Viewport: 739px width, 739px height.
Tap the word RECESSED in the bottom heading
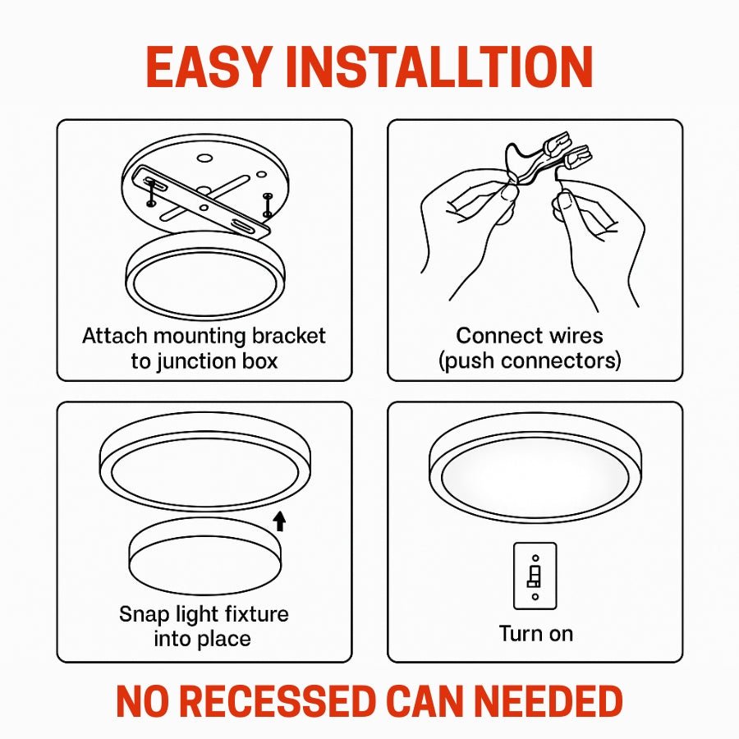click(x=278, y=702)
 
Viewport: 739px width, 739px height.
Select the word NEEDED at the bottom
click(x=549, y=702)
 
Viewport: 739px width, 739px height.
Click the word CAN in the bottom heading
click(x=425, y=702)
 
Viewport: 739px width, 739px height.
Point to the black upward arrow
click(x=279, y=521)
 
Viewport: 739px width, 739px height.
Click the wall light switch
click(x=535, y=576)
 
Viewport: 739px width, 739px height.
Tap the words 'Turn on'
click(x=536, y=634)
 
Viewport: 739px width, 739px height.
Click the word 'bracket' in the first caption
click(x=288, y=336)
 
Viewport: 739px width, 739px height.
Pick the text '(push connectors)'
click(x=530, y=361)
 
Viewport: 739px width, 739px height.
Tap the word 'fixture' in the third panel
click(x=257, y=614)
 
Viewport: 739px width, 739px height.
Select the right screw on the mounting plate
click(x=267, y=204)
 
